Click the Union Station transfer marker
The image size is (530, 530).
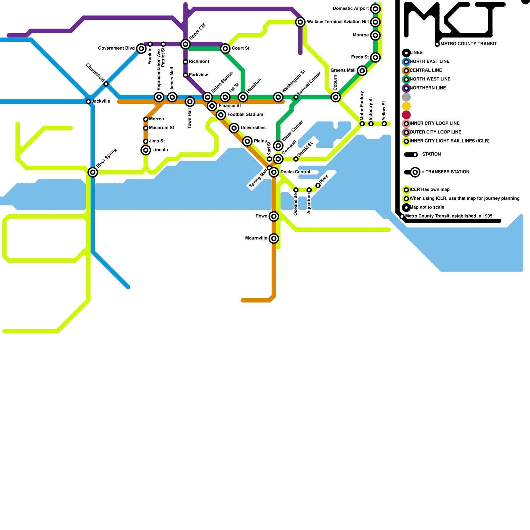point(208,97)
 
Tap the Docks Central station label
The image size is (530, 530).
point(295,172)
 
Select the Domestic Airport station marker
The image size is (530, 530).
point(375,9)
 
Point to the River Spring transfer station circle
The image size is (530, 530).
point(93,172)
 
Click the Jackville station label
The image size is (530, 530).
point(101,101)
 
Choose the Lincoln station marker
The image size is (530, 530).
point(146,150)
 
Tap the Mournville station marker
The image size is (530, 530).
point(274,238)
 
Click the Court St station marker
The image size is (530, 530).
point(225,49)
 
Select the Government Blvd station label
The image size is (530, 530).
point(116,48)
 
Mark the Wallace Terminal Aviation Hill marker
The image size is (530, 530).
point(300,22)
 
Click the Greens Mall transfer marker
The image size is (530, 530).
point(362,71)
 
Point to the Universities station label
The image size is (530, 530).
point(253,128)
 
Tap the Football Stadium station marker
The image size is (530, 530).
point(221,115)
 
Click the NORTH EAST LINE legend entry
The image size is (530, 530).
point(430,62)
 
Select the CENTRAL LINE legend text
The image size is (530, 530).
point(426,70)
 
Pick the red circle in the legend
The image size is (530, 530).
point(406,115)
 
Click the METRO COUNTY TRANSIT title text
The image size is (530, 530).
point(468,44)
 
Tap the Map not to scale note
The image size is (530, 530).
point(427,207)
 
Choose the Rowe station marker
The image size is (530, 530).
point(274,216)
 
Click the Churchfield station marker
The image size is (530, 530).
point(106,84)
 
